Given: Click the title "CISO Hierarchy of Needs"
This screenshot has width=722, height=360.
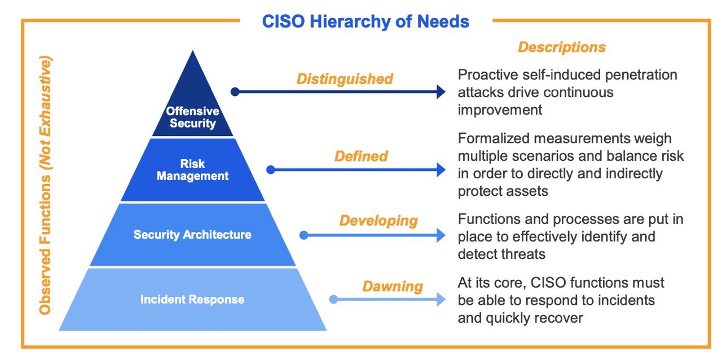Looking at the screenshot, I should pos(366,21).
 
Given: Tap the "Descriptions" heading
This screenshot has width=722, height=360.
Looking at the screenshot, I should pos(562,47).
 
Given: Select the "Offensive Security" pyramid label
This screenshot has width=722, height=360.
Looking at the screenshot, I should pos(192,117).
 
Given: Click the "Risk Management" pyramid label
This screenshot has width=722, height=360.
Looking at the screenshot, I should pos(192,170).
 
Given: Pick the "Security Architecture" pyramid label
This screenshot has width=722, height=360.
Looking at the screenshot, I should pos(192,234).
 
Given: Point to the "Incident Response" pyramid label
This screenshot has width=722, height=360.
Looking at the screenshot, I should pos(192,299).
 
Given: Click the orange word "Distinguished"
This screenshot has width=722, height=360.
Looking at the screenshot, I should pos(345,78).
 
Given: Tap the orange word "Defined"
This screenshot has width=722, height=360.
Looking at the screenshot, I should pos(361,156).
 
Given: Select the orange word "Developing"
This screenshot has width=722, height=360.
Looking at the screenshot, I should pos(378,221).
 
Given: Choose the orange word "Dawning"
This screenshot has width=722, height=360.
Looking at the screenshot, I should pos(393,286).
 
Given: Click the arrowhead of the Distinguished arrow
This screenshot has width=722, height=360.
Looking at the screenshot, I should pos(441,92).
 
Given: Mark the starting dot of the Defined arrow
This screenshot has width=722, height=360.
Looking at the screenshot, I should pos(270,169).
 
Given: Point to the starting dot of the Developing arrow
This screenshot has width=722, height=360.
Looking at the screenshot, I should pos(303,235).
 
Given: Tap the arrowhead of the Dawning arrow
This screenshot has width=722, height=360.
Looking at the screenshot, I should pos(441,300).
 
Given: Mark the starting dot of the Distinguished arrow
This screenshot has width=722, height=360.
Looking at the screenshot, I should pos(235,92).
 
